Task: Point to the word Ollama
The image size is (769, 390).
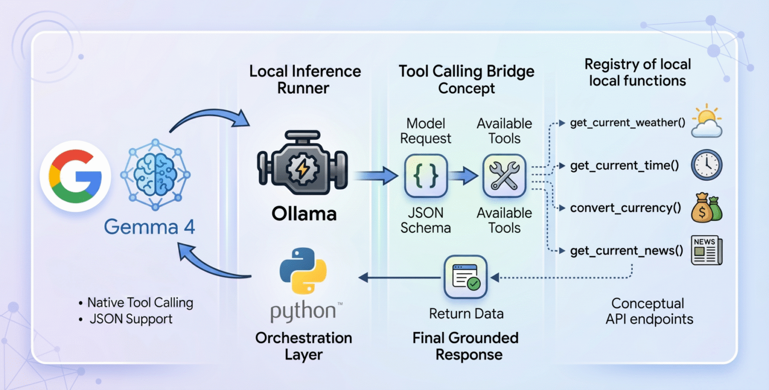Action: [x=304, y=214]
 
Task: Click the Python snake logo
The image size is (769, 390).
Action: [x=303, y=270]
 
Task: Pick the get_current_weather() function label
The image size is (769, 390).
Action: [x=628, y=123]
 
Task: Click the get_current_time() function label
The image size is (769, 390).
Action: [x=624, y=165]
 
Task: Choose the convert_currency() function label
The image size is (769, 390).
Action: [x=625, y=208]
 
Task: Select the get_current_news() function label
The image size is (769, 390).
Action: [x=626, y=251]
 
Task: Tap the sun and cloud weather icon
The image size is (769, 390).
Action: [x=706, y=121]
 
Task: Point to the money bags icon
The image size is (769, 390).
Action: [x=706, y=207]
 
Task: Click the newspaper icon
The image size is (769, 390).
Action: [x=706, y=250]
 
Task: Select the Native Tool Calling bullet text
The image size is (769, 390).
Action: [x=140, y=303]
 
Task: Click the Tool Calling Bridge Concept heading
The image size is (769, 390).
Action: [x=466, y=80]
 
